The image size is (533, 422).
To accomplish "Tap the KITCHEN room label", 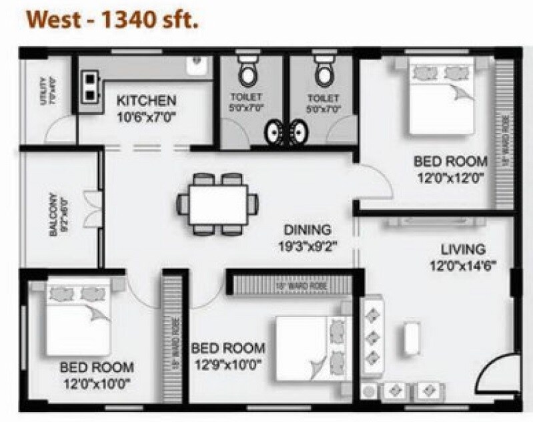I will pos(147,101).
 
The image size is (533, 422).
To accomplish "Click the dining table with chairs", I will pos(217,202).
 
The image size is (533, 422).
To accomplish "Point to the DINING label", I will pos(306,230).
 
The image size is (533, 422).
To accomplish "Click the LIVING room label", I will pos(463,250).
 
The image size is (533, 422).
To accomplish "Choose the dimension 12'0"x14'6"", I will pos(463,265).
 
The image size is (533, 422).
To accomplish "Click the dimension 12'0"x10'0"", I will pos(97,383).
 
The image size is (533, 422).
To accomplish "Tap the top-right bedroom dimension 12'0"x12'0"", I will pos(450,178).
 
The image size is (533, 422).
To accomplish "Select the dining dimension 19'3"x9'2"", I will pos(306,245).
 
